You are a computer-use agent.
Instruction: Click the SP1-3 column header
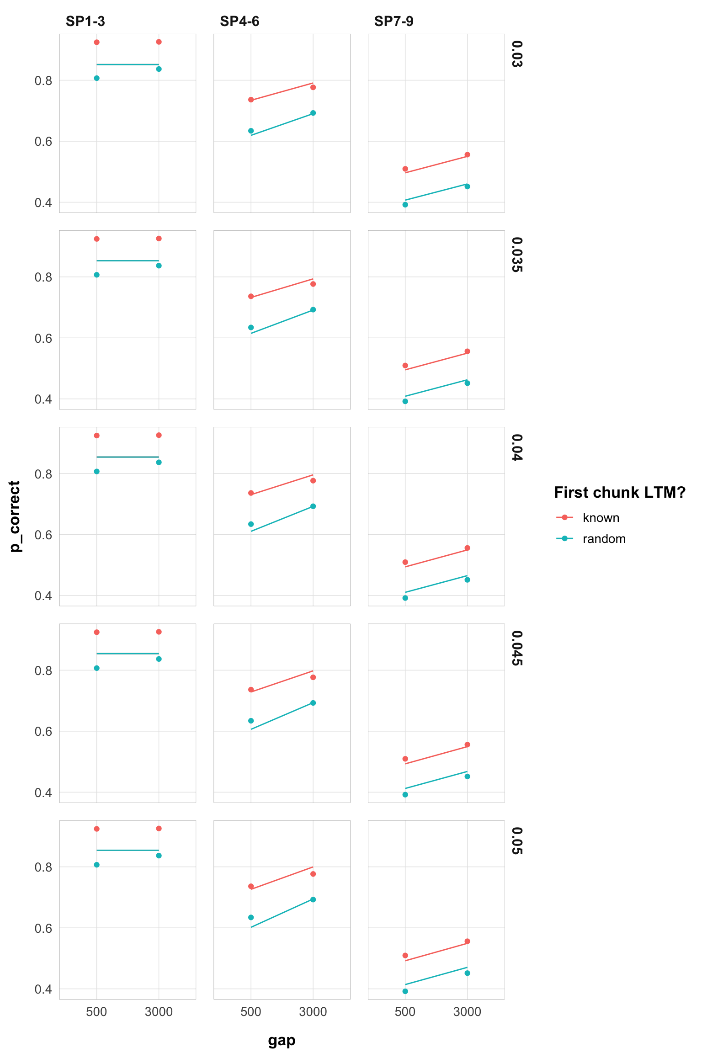pyautogui.click(x=85, y=21)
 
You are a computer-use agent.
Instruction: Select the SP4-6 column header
pyautogui.click(x=239, y=21)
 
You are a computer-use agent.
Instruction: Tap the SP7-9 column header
pyautogui.click(x=394, y=21)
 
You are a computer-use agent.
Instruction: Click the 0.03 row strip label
pyautogui.click(x=516, y=54)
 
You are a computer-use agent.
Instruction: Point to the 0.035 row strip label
pyautogui.click(x=516, y=255)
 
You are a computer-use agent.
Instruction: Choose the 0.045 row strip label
pyautogui.click(x=516, y=648)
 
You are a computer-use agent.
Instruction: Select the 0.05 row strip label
pyautogui.click(x=516, y=841)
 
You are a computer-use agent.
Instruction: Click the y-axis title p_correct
pyautogui.click(x=15, y=516)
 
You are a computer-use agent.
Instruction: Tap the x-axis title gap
pyautogui.click(x=282, y=1041)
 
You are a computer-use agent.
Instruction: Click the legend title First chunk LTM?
pyautogui.click(x=619, y=492)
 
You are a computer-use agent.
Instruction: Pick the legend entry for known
pyautogui.click(x=601, y=518)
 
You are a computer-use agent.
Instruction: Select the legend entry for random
pyautogui.click(x=604, y=539)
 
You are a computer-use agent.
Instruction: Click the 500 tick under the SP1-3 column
pyautogui.click(x=96, y=1012)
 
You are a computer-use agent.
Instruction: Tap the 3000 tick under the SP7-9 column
pyautogui.click(x=467, y=1012)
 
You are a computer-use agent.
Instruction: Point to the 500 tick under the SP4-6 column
pyautogui.click(x=251, y=1012)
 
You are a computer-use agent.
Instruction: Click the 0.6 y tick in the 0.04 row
pyautogui.click(x=43, y=535)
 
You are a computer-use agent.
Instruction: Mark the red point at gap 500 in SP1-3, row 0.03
pyautogui.click(x=96, y=43)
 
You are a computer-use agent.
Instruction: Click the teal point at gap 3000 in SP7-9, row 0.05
pyautogui.click(x=467, y=973)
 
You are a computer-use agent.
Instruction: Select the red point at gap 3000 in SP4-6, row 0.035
pyautogui.click(x=313, y=284)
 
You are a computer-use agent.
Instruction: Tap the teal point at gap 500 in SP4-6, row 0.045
pyautogui.click(x=251, y=721)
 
